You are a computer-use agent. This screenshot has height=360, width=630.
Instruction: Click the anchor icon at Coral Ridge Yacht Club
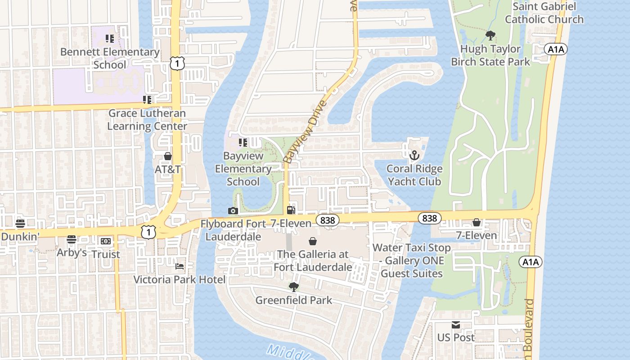click(414, 156)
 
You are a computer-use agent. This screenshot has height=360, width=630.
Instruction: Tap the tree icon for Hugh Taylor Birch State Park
click(490, 36)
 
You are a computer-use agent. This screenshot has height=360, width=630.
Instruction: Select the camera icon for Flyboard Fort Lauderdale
click(233, 211)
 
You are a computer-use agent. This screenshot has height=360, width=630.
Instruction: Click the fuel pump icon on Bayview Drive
click(291, 210)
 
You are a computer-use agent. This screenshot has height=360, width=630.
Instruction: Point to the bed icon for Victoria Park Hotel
click(179, 266)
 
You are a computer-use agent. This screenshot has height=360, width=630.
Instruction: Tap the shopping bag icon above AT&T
click(168, 156)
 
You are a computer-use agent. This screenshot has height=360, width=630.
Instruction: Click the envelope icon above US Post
click(456, 325)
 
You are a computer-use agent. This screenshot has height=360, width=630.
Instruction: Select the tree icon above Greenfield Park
click(293, 287)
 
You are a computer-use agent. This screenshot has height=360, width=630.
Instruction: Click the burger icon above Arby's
click(72, 239)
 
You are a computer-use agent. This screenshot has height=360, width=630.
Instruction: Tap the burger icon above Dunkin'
click(20, 223)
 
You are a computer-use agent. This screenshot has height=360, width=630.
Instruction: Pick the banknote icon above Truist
click(106, 241)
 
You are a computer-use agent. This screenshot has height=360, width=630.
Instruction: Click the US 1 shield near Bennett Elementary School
click(177, 64)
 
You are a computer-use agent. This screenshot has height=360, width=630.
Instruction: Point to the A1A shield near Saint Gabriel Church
click(556, 49)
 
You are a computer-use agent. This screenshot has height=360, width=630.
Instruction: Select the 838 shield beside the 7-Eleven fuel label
click(327, 220)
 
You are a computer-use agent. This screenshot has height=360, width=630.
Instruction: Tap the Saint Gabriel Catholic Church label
click(544, 13)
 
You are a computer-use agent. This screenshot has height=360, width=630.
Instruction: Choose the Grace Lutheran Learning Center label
click(147, 120)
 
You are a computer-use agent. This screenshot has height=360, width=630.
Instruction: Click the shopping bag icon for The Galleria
click(313, 242)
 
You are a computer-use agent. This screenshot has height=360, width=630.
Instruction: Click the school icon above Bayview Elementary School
click(243, 143)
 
